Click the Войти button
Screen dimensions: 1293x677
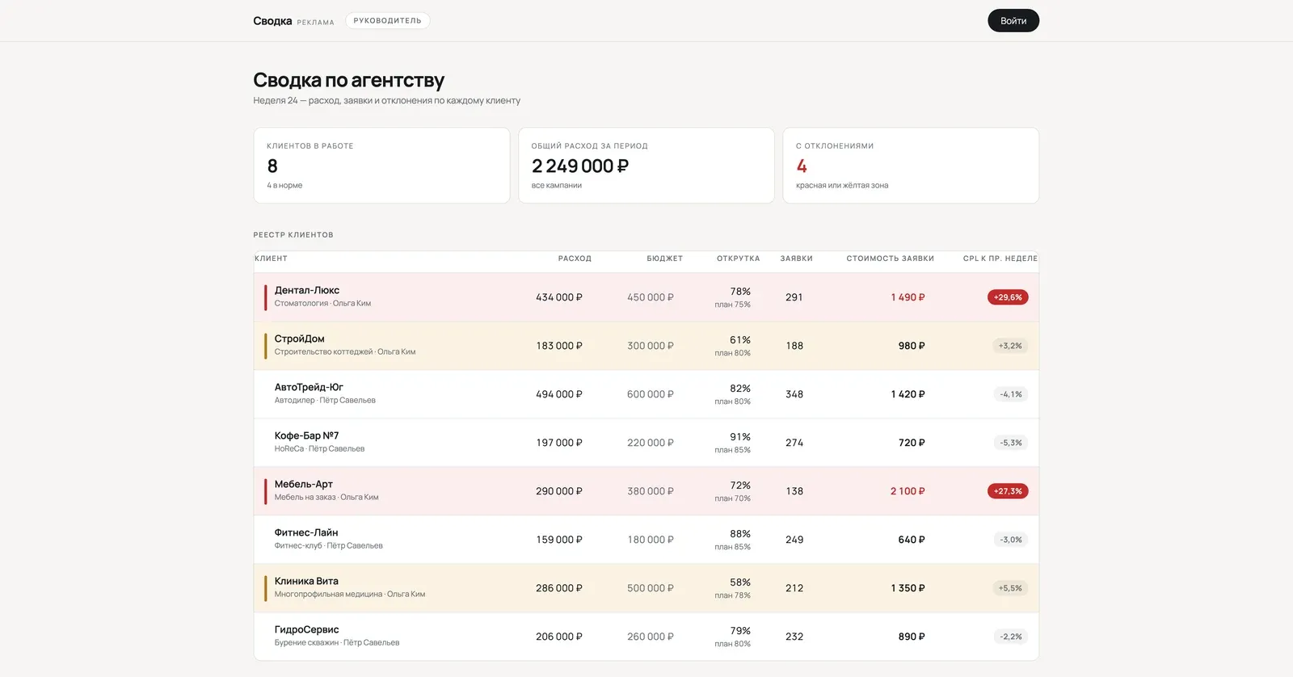[1013, 21]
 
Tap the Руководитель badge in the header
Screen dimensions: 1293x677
[387, 21]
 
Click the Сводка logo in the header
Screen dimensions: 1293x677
[272, 21]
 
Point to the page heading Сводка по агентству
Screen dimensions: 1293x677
[348, 80]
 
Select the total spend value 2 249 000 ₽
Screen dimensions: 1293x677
[580, 166]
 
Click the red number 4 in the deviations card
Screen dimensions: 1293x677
[801, 166]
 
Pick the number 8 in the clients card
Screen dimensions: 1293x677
[272, 166]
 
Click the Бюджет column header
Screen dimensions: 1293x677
[664, 259]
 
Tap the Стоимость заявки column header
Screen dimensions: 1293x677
[890, 259]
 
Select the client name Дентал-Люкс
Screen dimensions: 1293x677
[306, 290]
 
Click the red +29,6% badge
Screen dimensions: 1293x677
[1008, 297]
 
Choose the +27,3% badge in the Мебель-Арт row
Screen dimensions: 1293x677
[1008, 491]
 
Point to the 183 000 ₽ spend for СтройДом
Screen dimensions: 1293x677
[559, 346]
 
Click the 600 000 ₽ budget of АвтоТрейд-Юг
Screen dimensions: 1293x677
[651, 394]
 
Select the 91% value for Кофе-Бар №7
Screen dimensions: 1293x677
[740, 437]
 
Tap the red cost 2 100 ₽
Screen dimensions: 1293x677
[908, 491]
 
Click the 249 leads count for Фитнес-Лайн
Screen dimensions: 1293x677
[794, 540]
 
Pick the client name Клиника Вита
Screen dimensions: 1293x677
[306, 581]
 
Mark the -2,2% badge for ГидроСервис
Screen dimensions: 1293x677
[1011, 637]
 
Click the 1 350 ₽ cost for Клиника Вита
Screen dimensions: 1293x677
[908, 588]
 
